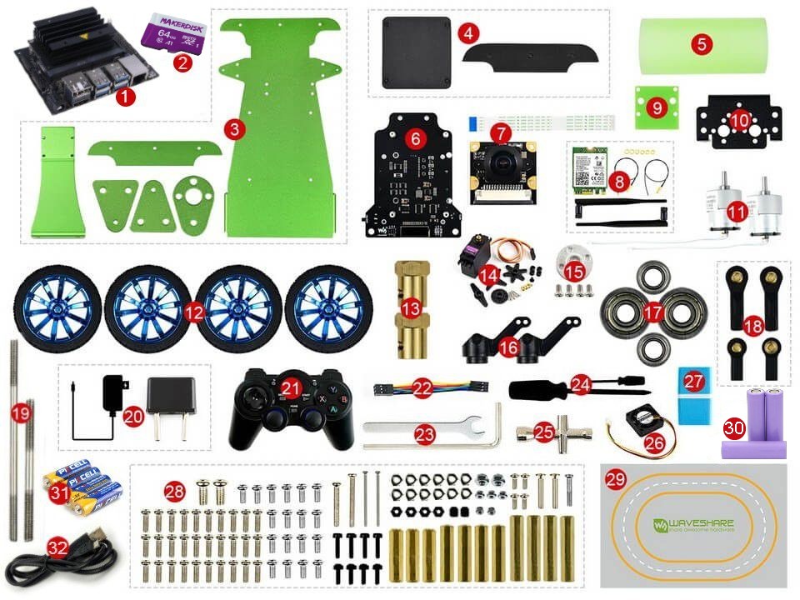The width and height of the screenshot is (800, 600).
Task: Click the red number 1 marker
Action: (125, 97)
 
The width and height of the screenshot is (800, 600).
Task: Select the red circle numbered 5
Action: (702, 43)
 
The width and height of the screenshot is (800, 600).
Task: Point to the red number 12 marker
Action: (193, 312)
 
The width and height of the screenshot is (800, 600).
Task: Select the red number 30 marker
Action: (733, 428)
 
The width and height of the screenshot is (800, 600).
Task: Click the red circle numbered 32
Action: (57, 547)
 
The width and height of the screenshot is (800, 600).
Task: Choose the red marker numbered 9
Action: (657, 107)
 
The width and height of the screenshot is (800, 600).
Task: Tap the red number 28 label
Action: (173, 491)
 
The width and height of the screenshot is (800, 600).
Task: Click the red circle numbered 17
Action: (653, 312)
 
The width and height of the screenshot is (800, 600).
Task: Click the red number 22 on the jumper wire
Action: (423, 387)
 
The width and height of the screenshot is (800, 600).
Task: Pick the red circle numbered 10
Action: (738, 120)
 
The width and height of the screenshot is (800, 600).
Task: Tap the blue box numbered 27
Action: (695, 394)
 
